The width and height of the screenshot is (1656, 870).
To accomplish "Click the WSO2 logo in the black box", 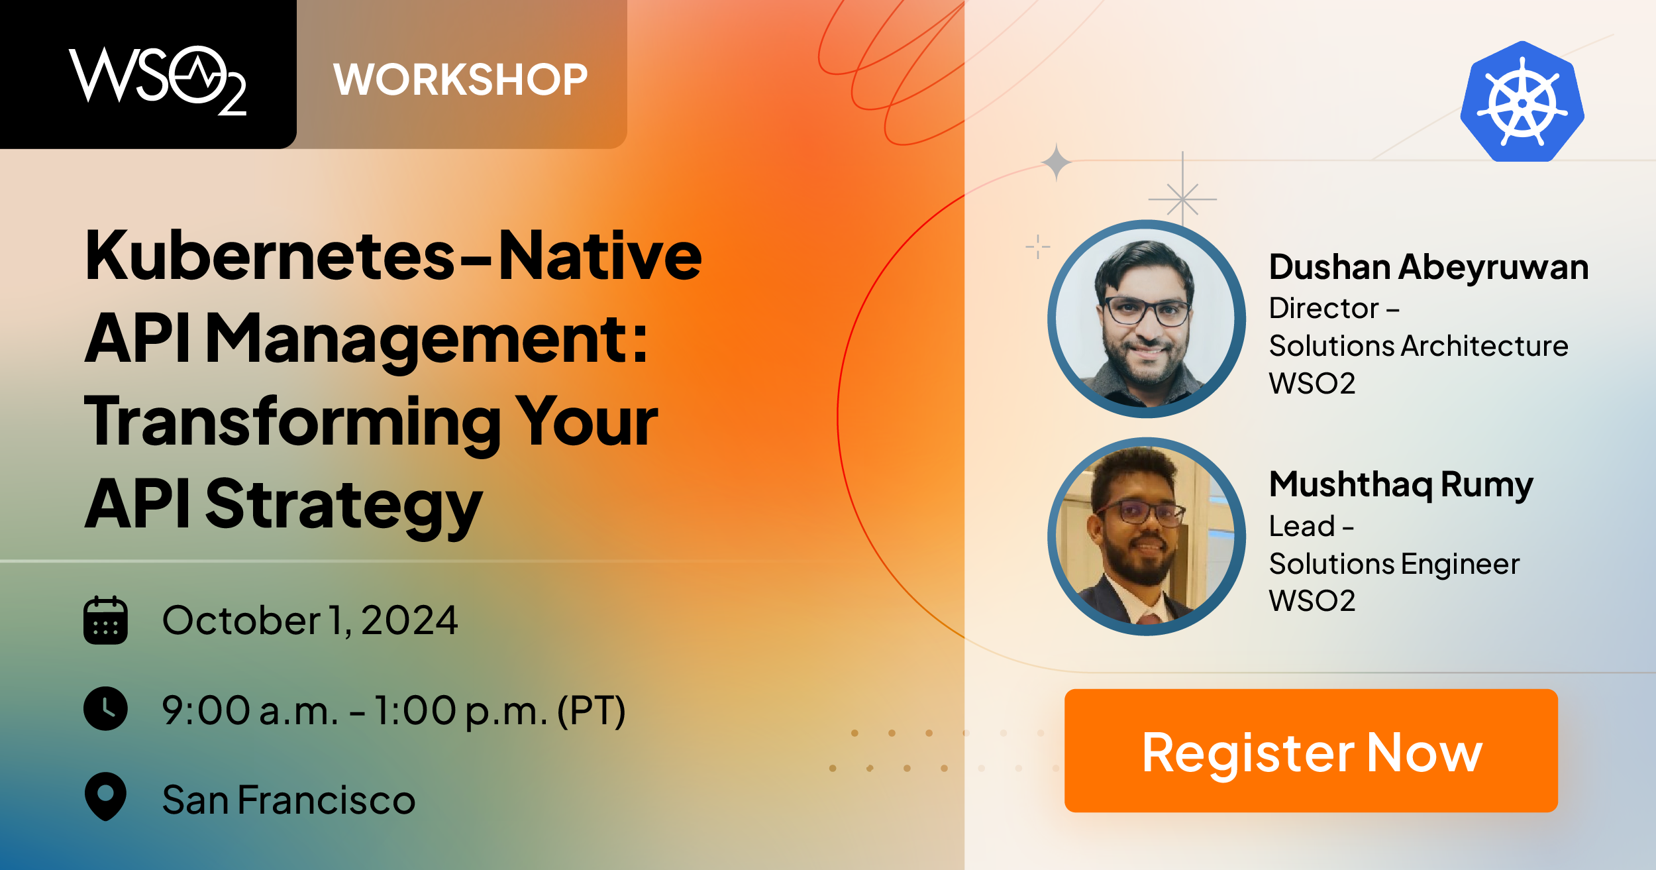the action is click(x=158, y=80).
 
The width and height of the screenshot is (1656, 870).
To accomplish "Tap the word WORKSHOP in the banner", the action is click(x=460, y=80).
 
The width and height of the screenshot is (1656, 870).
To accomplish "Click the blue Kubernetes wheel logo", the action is click(x=1522, y=101).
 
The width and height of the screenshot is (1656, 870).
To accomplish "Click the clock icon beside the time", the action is click(x=105, y=709).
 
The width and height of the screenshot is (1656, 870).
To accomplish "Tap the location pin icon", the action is click(x=105, y=796).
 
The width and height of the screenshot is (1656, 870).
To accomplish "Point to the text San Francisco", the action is click(x=289, y=800).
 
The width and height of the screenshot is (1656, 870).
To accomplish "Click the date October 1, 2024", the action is click(x=310, y=621).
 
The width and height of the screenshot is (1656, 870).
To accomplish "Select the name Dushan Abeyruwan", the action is click(x=1429, y=268).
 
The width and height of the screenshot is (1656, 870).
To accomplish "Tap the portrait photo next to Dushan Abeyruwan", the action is click(x=1146, y=319).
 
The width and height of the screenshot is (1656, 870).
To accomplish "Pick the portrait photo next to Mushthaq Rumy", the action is click(x=1146, y=537).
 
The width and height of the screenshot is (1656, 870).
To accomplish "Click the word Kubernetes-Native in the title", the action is click(x=393, y=255).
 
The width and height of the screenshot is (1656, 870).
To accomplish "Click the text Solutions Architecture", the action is click(x=1419, y=346).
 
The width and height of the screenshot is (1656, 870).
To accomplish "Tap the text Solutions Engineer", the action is click(x=1394, y=564).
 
